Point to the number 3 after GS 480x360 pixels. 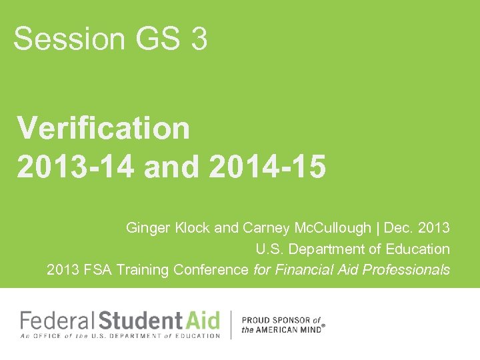point(199,39)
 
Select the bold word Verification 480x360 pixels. point(103,127)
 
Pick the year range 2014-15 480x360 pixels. point(267,168)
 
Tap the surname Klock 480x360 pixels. point(192,228)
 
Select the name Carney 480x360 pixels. point(265,228)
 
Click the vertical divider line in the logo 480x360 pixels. point(231,325)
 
